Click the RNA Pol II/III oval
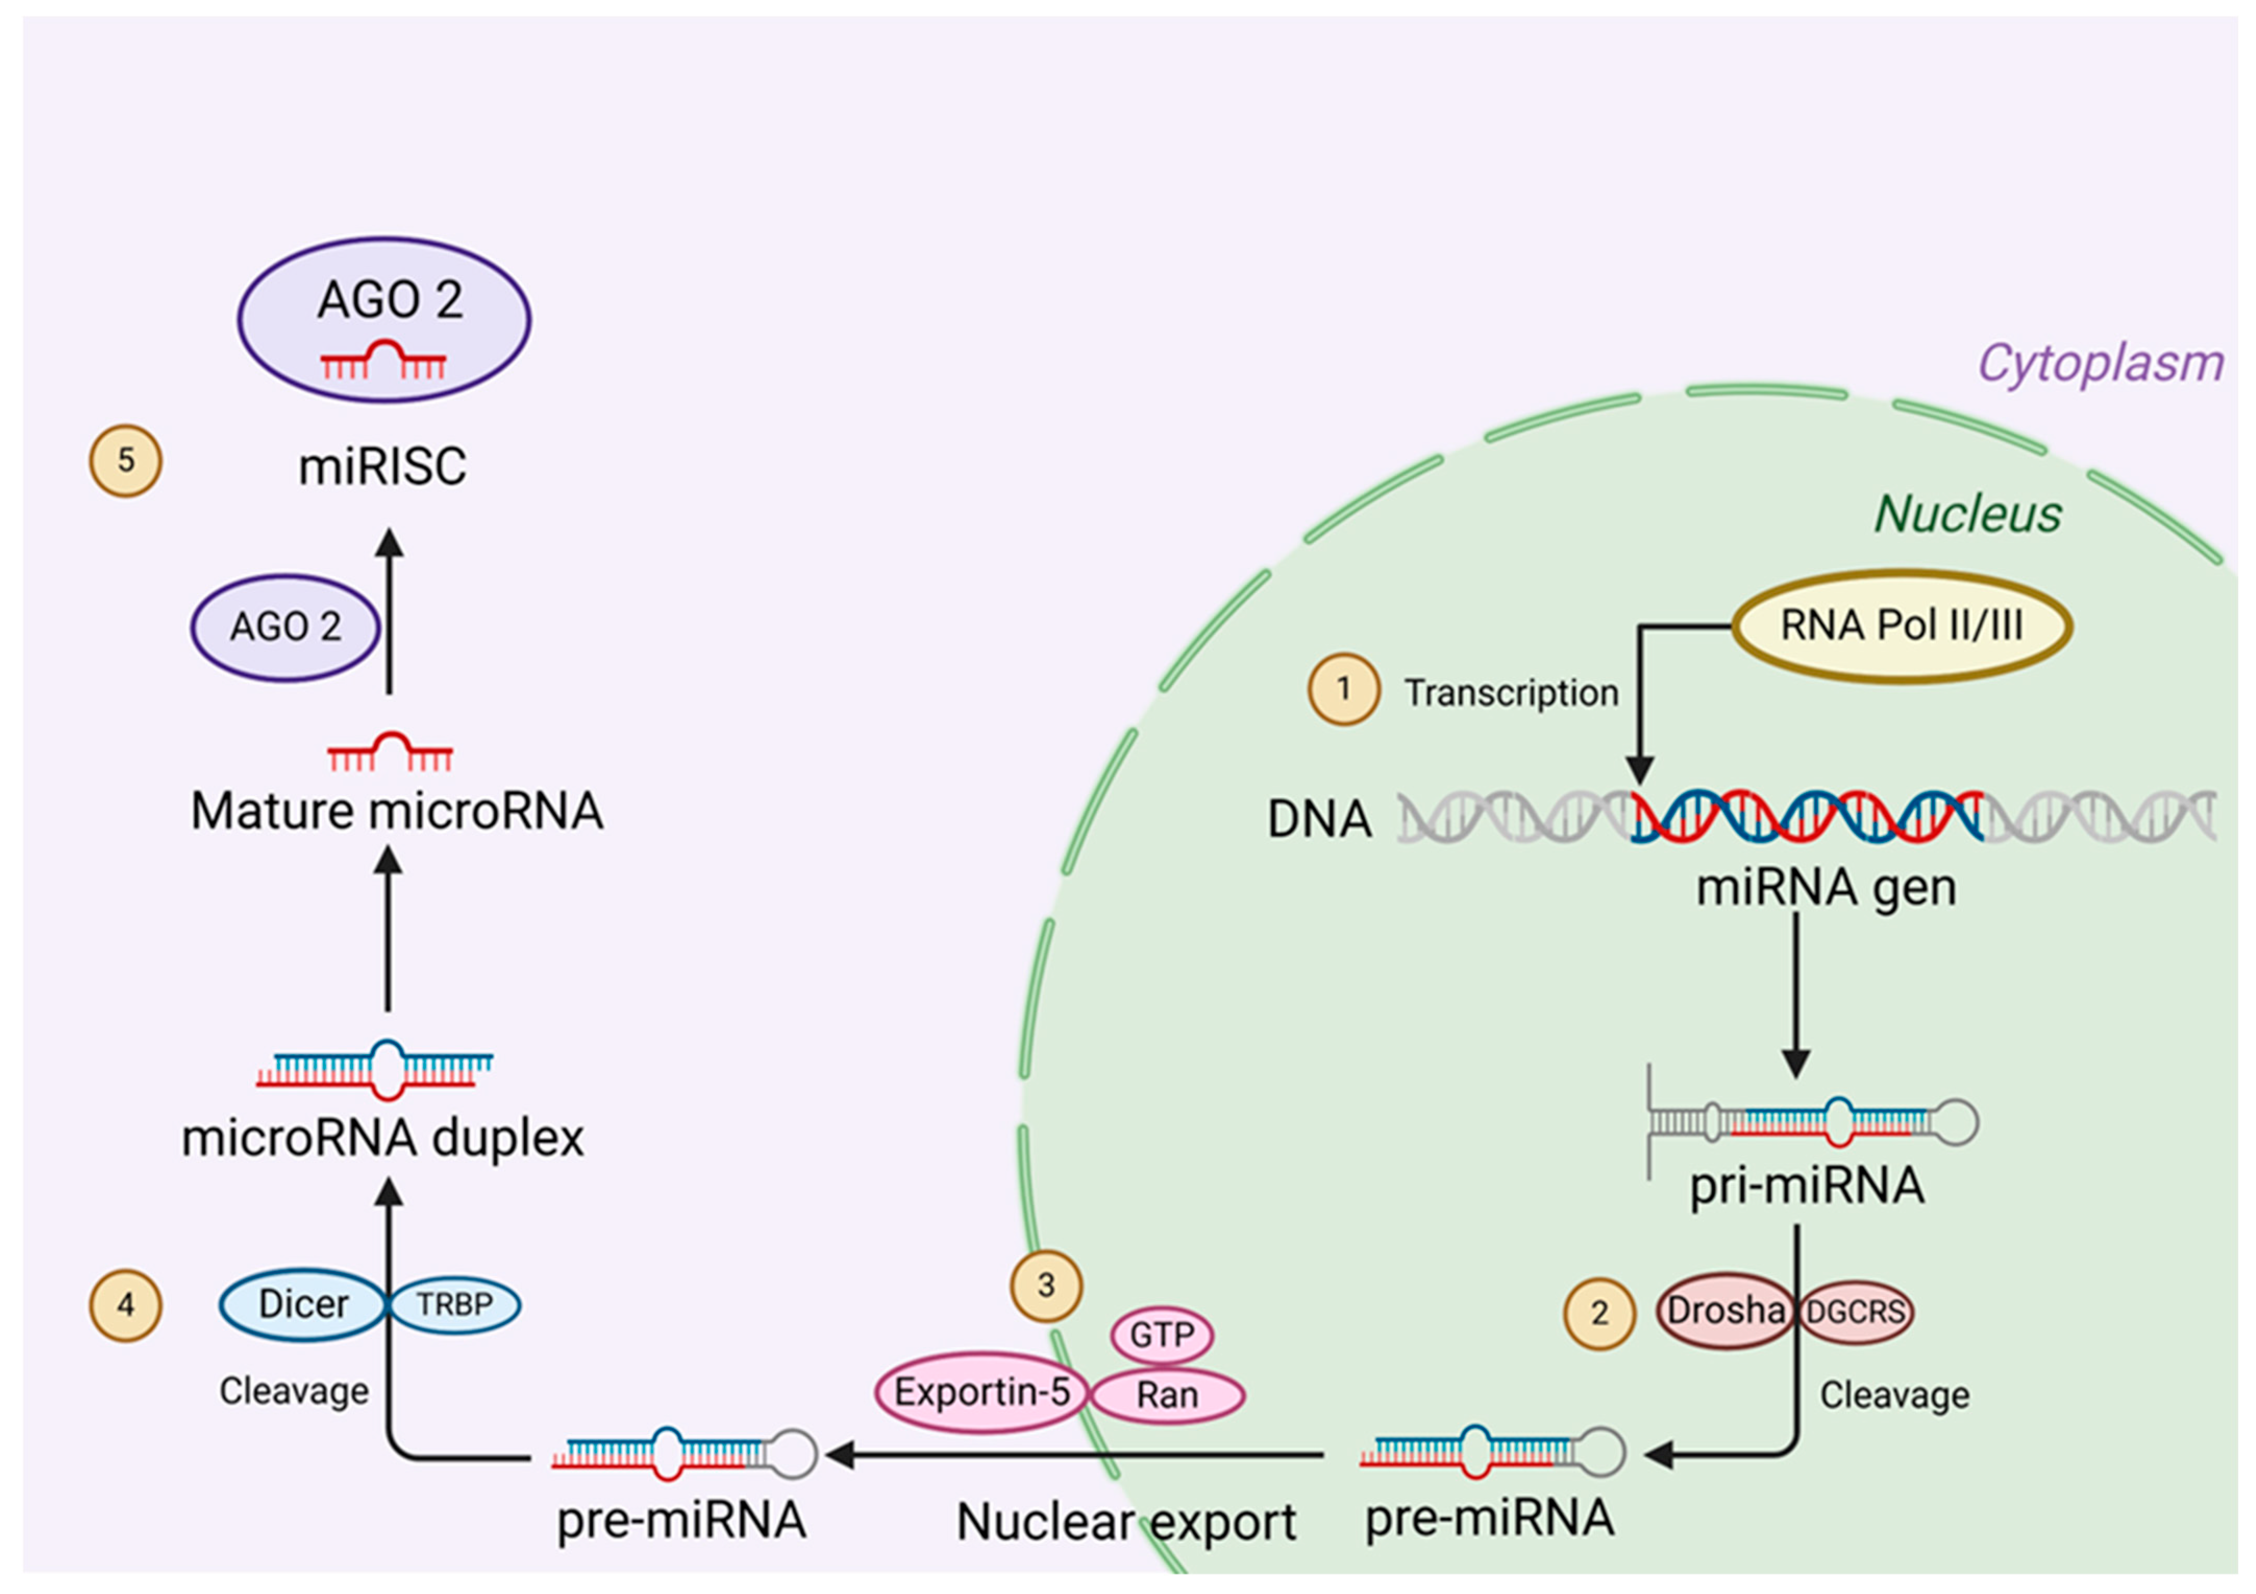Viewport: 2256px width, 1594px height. pos(1901,626)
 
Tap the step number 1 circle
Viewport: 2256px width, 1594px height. pos(1343,689)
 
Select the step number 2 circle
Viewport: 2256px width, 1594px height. pos(1600,1313)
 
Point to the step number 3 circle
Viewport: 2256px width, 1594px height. pos(1046,1286)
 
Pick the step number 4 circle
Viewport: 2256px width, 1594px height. pos(126,1305)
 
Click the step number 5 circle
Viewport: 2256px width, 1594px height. pos(126,460)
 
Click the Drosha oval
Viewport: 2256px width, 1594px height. pos(1726,1311)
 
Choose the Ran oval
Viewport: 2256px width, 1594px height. pos(1167,1394)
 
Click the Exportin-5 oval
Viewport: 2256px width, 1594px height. pos(981,1392)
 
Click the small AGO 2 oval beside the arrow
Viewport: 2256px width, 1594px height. pos(285,627)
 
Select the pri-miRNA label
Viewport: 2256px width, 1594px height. pos(1806,1186)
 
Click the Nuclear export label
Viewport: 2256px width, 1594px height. pos(1126,1522)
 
